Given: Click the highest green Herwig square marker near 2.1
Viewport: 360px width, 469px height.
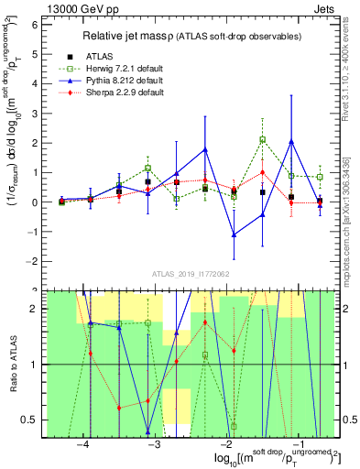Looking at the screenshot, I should (x=262, y=140).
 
